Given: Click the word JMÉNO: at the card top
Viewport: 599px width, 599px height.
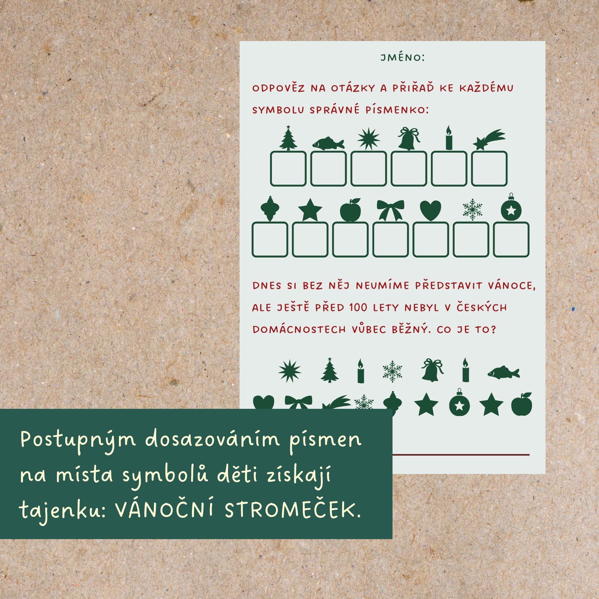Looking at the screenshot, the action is point(403,58).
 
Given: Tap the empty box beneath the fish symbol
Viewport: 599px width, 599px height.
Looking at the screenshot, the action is point(328,169).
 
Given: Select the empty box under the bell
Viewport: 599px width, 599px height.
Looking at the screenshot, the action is point(409,169).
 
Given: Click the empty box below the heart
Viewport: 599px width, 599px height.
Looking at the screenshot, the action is point(431,240).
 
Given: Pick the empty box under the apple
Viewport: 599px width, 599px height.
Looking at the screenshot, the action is point(350,240).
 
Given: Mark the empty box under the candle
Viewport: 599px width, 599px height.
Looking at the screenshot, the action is point(449,169).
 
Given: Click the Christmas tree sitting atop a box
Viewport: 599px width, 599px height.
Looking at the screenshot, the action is point(288,138).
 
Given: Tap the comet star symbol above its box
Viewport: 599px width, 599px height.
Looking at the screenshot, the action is point(489,140).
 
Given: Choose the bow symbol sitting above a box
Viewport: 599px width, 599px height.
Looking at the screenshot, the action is point(390,210).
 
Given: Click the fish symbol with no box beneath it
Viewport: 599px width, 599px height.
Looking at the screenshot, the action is point(503,372).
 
